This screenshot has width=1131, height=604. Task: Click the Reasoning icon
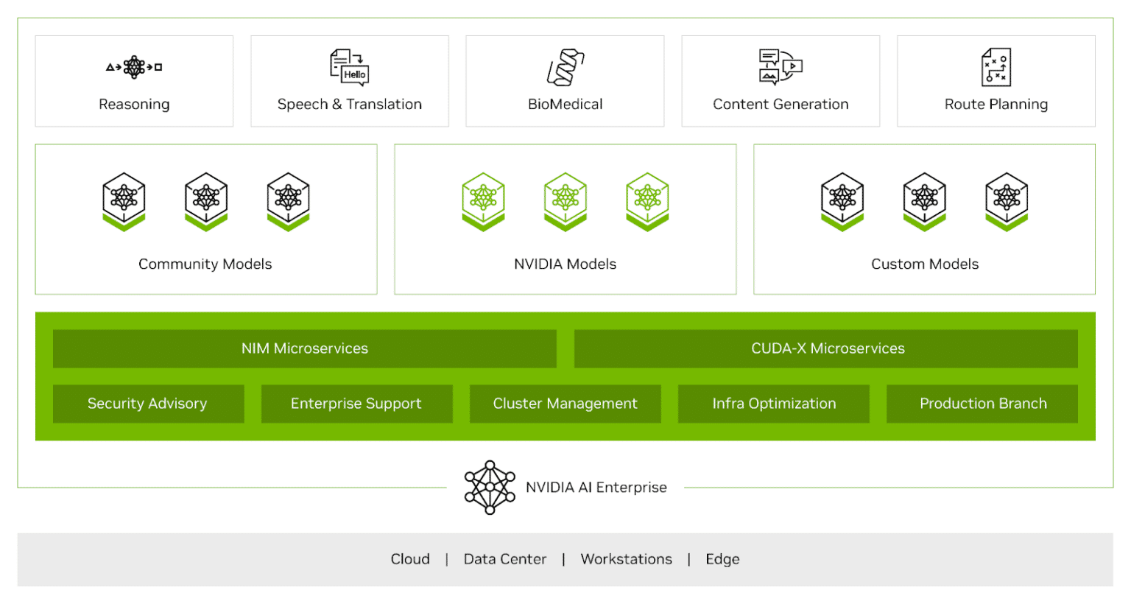pos(134,67)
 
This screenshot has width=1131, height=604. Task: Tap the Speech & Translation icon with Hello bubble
pos(349,67)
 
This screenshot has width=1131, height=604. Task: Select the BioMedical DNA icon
pos(565,67)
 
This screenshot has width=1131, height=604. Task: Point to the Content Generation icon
pos(781,67)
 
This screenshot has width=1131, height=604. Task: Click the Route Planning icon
pos(996,67)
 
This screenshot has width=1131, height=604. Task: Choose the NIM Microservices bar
pos(304,348)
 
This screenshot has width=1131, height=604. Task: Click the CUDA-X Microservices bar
pos(826,348)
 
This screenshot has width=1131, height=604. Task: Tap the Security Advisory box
pos(148,404)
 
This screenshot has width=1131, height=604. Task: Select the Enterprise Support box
pos(356,404)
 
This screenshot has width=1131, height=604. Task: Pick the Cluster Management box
pos(565,404)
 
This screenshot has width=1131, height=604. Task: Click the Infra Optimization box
pos(774,404)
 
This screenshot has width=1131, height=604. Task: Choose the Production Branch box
pos(982,404)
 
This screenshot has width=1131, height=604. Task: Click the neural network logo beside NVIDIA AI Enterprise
pos(490,487)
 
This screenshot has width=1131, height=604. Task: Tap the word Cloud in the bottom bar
pos(410,559)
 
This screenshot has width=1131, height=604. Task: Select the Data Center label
pos(505,559)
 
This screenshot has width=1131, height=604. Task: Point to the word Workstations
pos(626,559)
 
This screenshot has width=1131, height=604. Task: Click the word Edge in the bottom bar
pos(722,559)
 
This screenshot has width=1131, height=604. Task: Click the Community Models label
pos(205,264)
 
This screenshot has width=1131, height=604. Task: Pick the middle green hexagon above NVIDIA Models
pos(565,201)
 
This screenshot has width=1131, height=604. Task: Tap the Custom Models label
pos(925,264)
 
